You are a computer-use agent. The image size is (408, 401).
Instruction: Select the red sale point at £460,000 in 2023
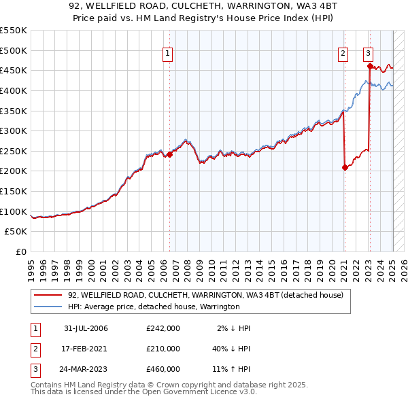point(369,66)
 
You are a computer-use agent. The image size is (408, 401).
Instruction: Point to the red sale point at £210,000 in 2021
point(345,167)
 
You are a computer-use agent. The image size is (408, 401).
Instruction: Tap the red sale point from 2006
point(170,154)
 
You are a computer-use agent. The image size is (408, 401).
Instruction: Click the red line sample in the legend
point(48,296)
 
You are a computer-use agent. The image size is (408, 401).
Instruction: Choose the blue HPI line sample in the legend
point(48,307)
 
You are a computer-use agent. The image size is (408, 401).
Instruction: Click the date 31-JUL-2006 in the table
point(86,328)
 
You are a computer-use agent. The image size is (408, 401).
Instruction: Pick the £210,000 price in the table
point(163,349)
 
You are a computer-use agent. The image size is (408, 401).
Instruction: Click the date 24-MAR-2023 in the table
point(86,369)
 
